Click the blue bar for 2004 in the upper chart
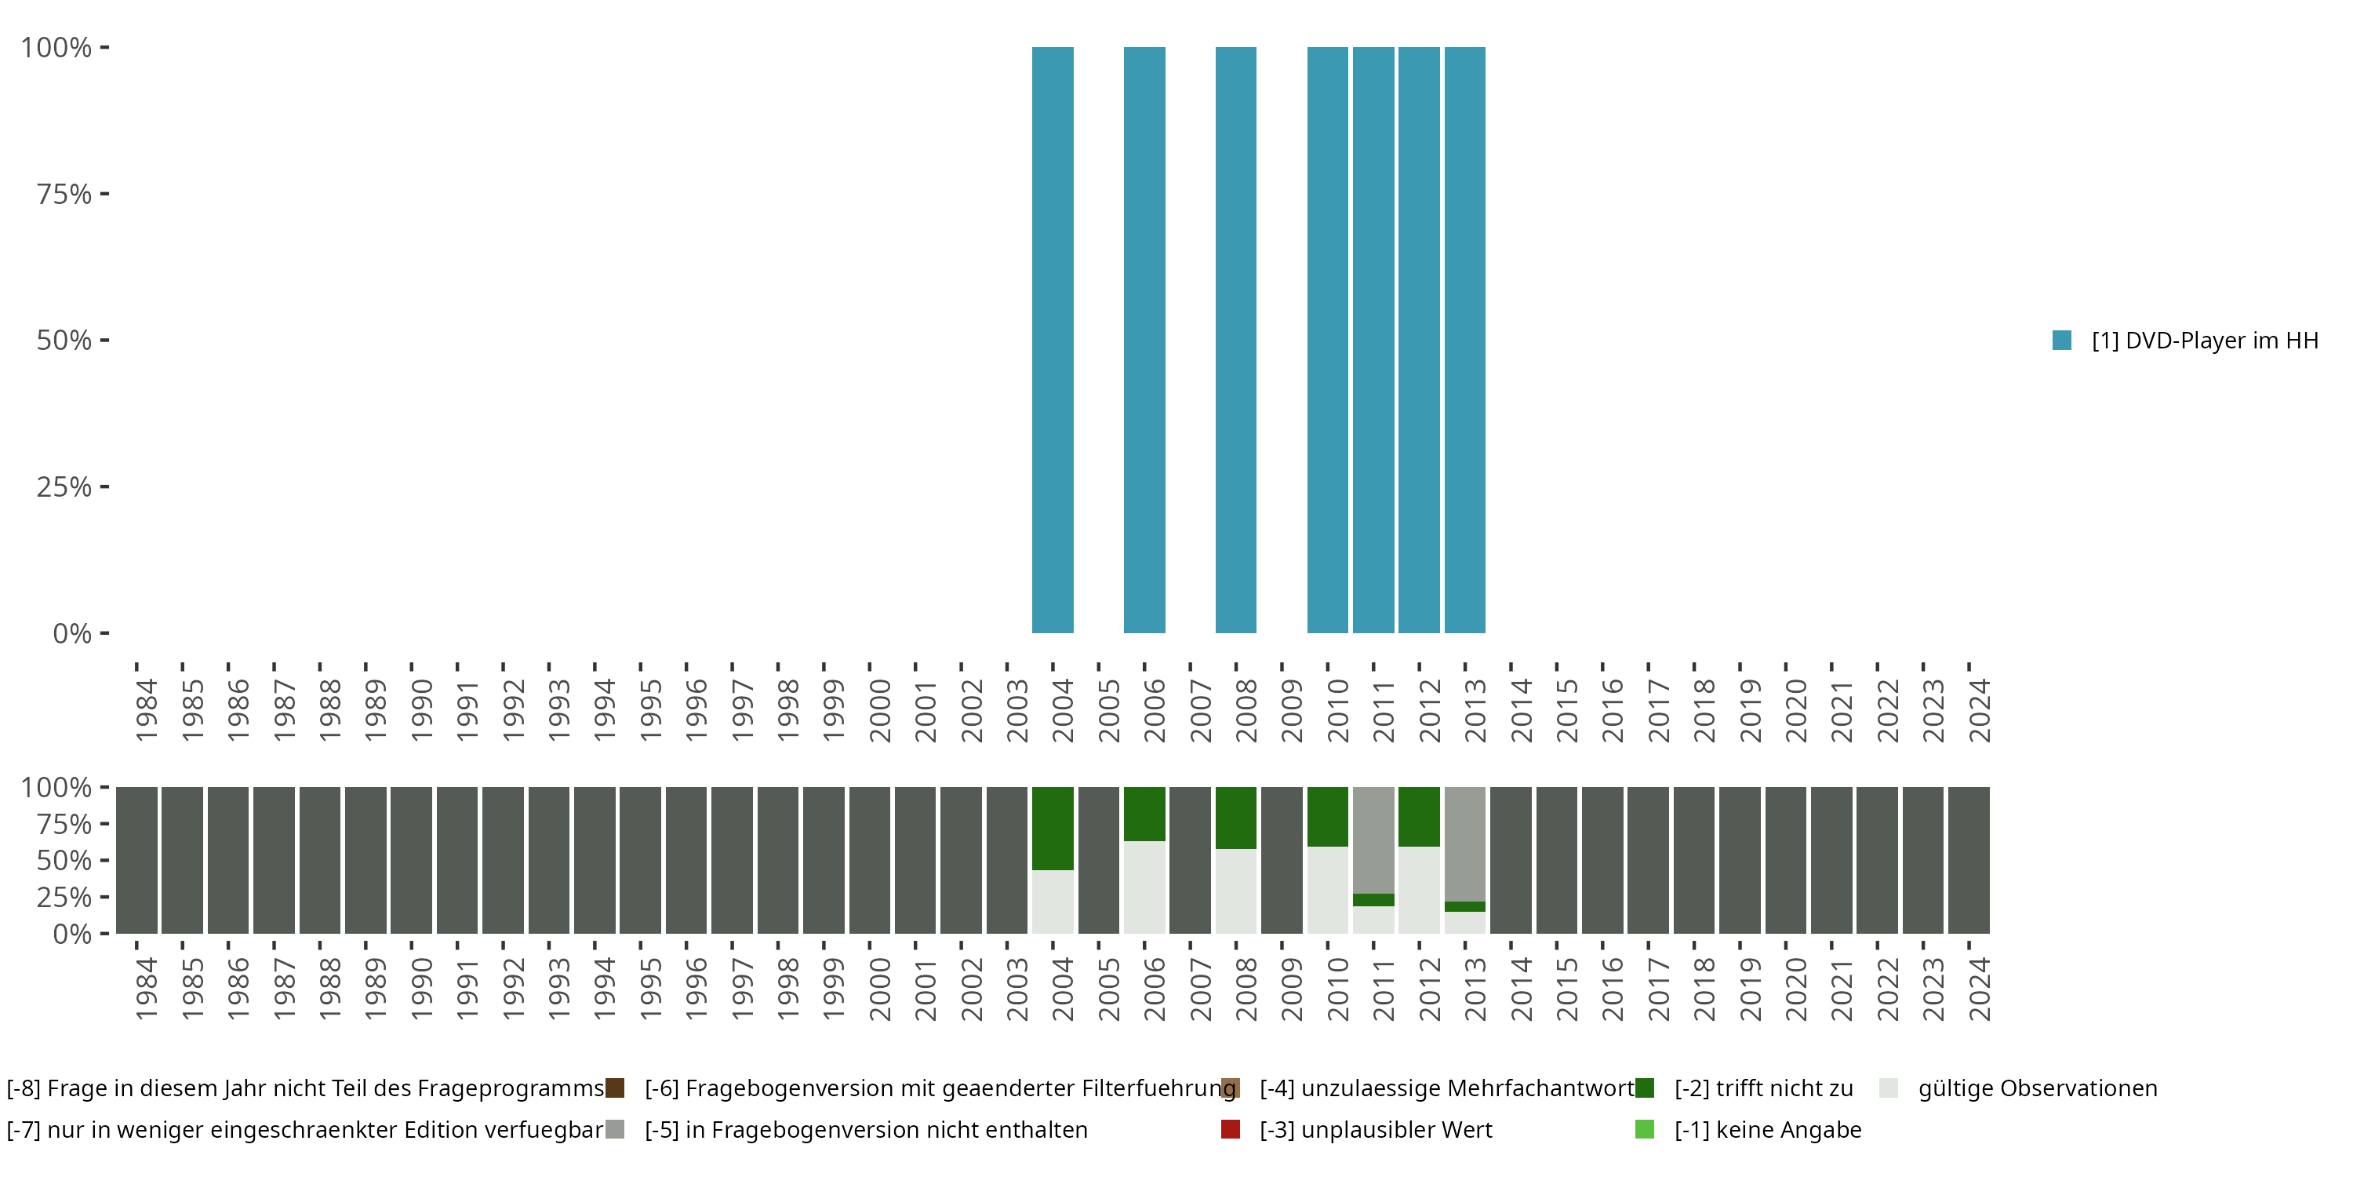tap(1053, 340)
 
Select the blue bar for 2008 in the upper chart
tap(1236, 340)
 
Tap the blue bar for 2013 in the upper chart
tap(1464, 340)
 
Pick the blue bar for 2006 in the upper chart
tap(1144, 340)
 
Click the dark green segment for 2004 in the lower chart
tap(1053, 828)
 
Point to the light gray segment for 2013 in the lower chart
tap(1464, 923)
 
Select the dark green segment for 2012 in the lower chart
tap(1419, 816)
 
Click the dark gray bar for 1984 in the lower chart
tap(137, 860)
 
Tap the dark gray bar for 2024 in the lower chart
tap(1969, 860)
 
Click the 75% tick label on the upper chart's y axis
tap(64, 194)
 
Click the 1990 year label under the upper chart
tap(421, 710)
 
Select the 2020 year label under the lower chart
tap(1796, 989)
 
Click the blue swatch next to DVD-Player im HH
tap(2061, 340)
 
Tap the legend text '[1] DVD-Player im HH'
tap(2204, 340)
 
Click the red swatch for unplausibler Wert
tap(1231, 1129)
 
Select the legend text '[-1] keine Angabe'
tap(1767, 1129)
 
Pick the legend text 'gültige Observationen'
tap(2037, 1088)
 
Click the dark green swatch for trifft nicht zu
tap(1644, 1088)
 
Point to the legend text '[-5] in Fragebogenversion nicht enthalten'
tap(866, 1129)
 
